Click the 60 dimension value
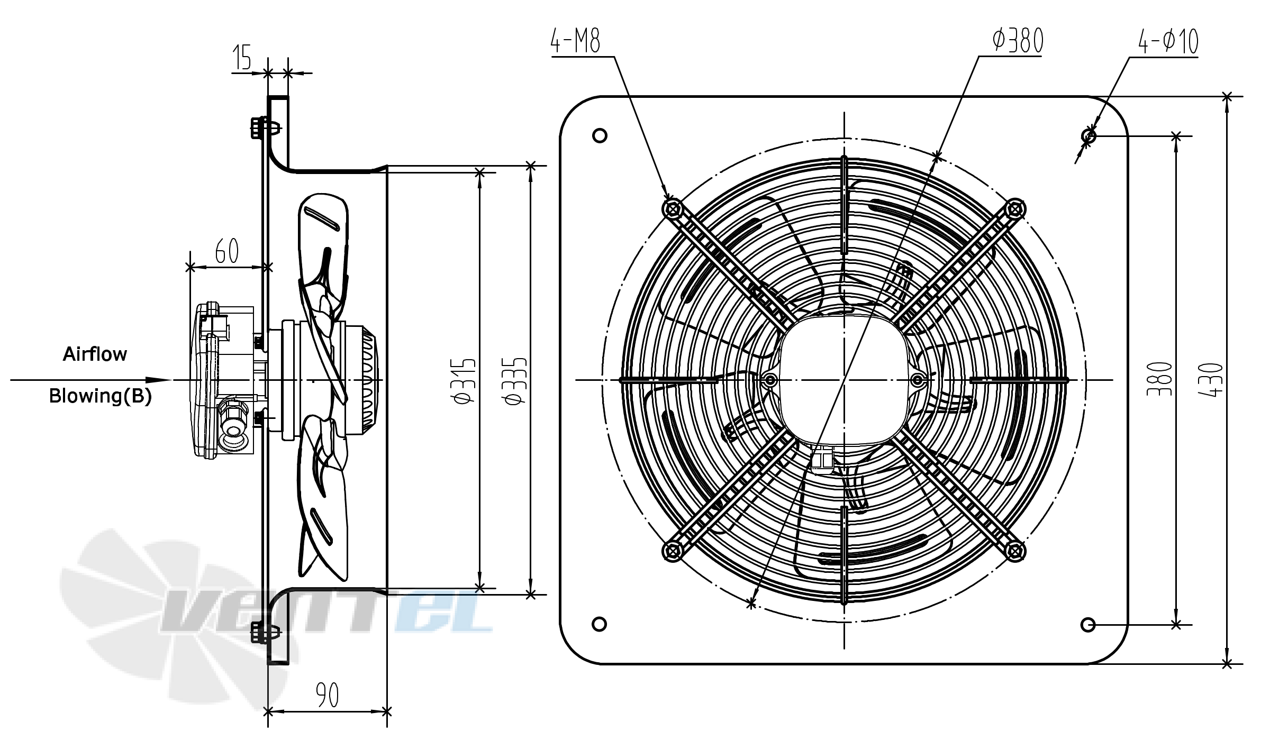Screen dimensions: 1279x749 click(x=226, y=251)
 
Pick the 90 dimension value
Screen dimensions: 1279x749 click(x=327, y=695)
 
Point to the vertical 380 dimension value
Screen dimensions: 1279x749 click(x=1160, y=379)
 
